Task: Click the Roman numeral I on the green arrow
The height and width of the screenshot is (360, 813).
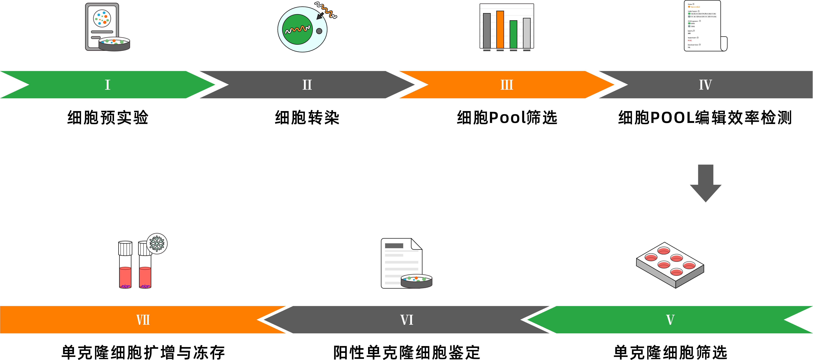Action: click(x=107, y=85)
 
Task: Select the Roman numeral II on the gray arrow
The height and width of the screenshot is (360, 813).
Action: click(x=307, y=85)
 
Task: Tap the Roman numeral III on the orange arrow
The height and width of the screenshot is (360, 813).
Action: click(x=507, y=85)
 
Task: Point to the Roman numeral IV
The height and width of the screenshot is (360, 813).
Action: click(x=705, y=85)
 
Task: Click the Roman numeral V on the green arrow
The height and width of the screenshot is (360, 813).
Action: click(x=670, y=320)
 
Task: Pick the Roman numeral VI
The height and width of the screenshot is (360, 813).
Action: click(x=407, y=320)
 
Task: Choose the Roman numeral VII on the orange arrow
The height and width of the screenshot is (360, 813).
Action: click(x=143, y=320)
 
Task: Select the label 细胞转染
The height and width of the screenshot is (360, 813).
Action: click(x=307, y=118)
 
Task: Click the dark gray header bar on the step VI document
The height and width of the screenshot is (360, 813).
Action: click(x=394, y=246)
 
